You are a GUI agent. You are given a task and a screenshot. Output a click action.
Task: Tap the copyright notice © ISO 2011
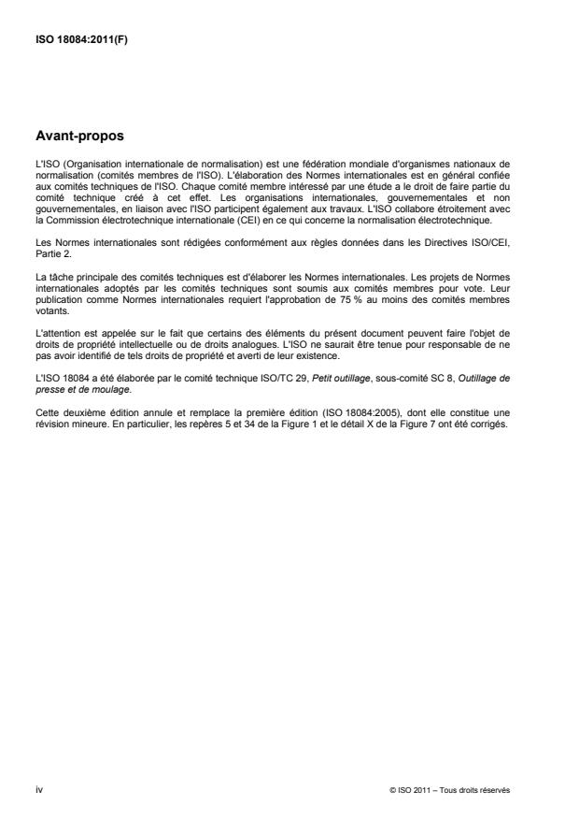click(416, 789)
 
